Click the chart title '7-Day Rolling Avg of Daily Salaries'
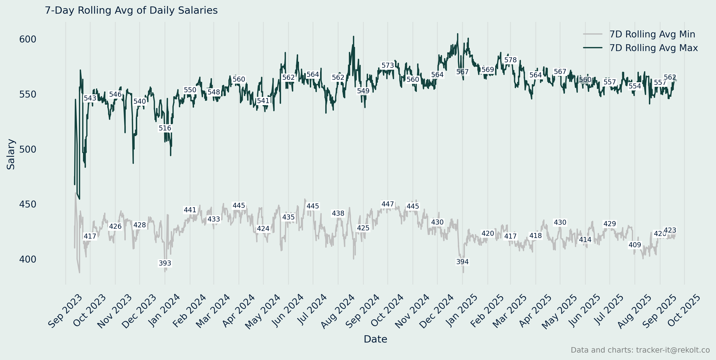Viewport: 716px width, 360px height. pos(131,10)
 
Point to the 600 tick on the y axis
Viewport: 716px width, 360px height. pos(28,39)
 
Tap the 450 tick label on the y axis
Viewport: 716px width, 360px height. pos(28,204)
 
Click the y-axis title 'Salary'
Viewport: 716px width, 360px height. pos(11,154)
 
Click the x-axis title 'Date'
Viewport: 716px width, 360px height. pos(375,339)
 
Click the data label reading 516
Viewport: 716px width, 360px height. pos(165,128)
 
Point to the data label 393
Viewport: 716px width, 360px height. pos(165,263)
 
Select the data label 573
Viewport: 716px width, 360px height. pos(388,65)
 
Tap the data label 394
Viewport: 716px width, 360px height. pos(462,262)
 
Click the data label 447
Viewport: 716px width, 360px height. pos(388,204)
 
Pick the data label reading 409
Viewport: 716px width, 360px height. pos(635,245)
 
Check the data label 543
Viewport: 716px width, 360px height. pos(90,98)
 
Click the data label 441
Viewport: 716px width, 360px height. pos(190,210)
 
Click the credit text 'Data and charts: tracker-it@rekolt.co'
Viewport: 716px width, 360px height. pos(640,350)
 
